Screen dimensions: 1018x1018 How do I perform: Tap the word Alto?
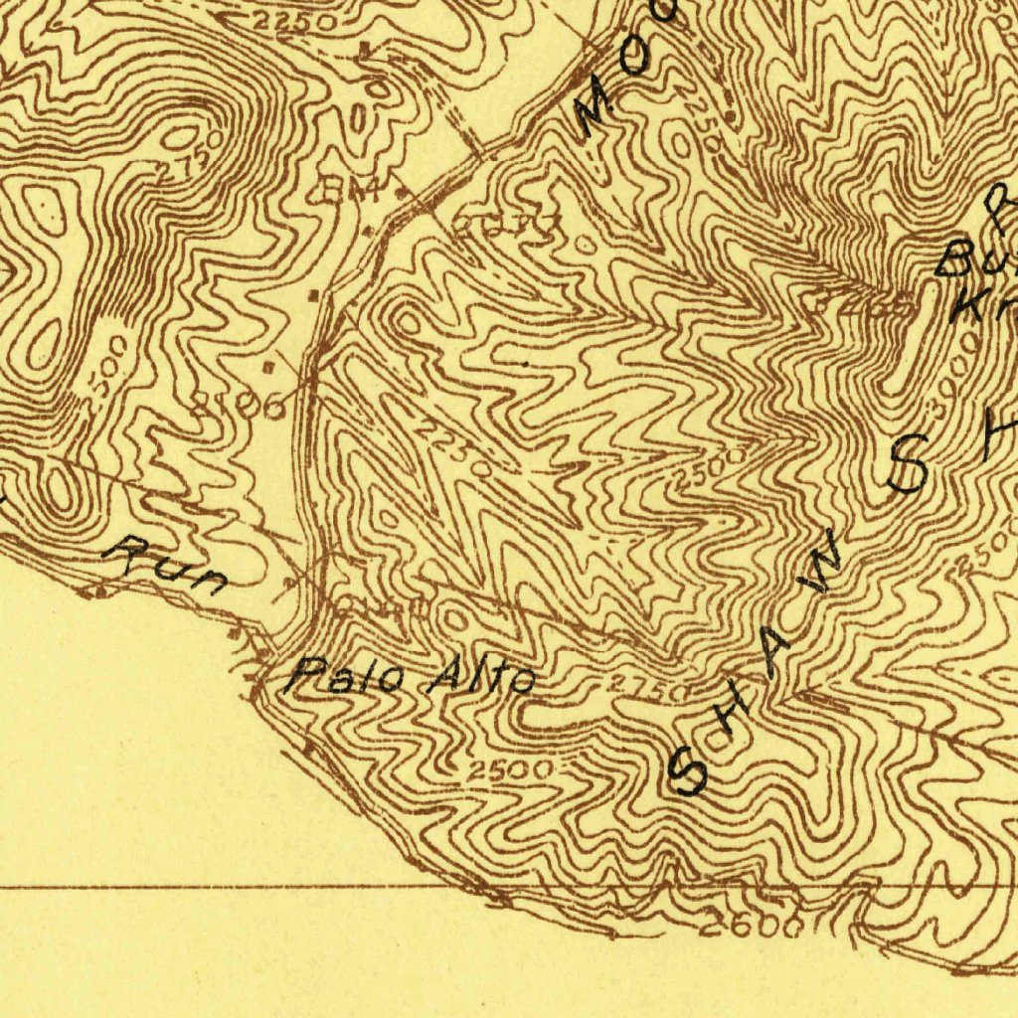click(482, 679)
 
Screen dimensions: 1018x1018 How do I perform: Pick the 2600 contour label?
click(752, 927)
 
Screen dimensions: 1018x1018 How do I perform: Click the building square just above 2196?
click(269, 368)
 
